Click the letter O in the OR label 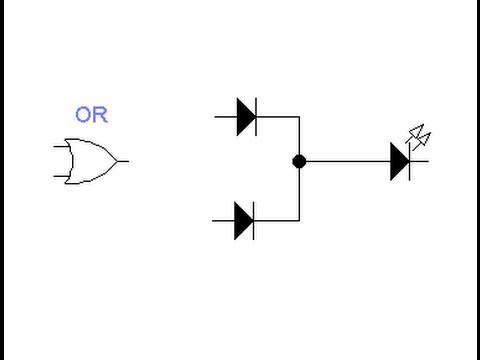click(83, 115)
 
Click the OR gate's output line click(123, 161)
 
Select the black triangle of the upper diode click(245, 117)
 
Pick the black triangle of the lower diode click(243, 220)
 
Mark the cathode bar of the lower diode click(253, 220)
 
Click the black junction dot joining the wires click(299, 161)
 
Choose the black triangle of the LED click(399, 161)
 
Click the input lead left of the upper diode click(225, 117)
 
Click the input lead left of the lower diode click(223, 220)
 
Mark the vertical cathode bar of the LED click(410, 161)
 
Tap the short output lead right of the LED click(420, 161)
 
